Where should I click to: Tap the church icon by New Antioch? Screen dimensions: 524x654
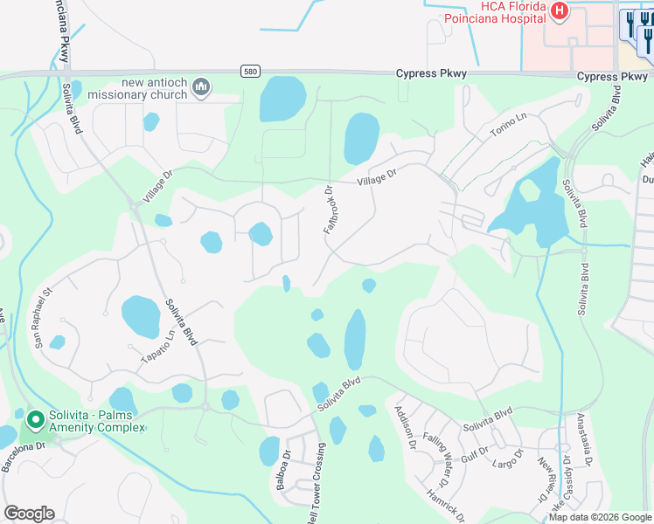[202, 86]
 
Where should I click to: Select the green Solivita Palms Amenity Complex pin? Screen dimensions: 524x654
[36, 421]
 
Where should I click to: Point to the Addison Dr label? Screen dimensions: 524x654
[405, 427]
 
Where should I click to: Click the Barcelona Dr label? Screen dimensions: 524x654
[23, 457]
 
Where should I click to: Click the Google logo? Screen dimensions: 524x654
[29, 514]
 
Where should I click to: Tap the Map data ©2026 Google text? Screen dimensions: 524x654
[600, 517]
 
